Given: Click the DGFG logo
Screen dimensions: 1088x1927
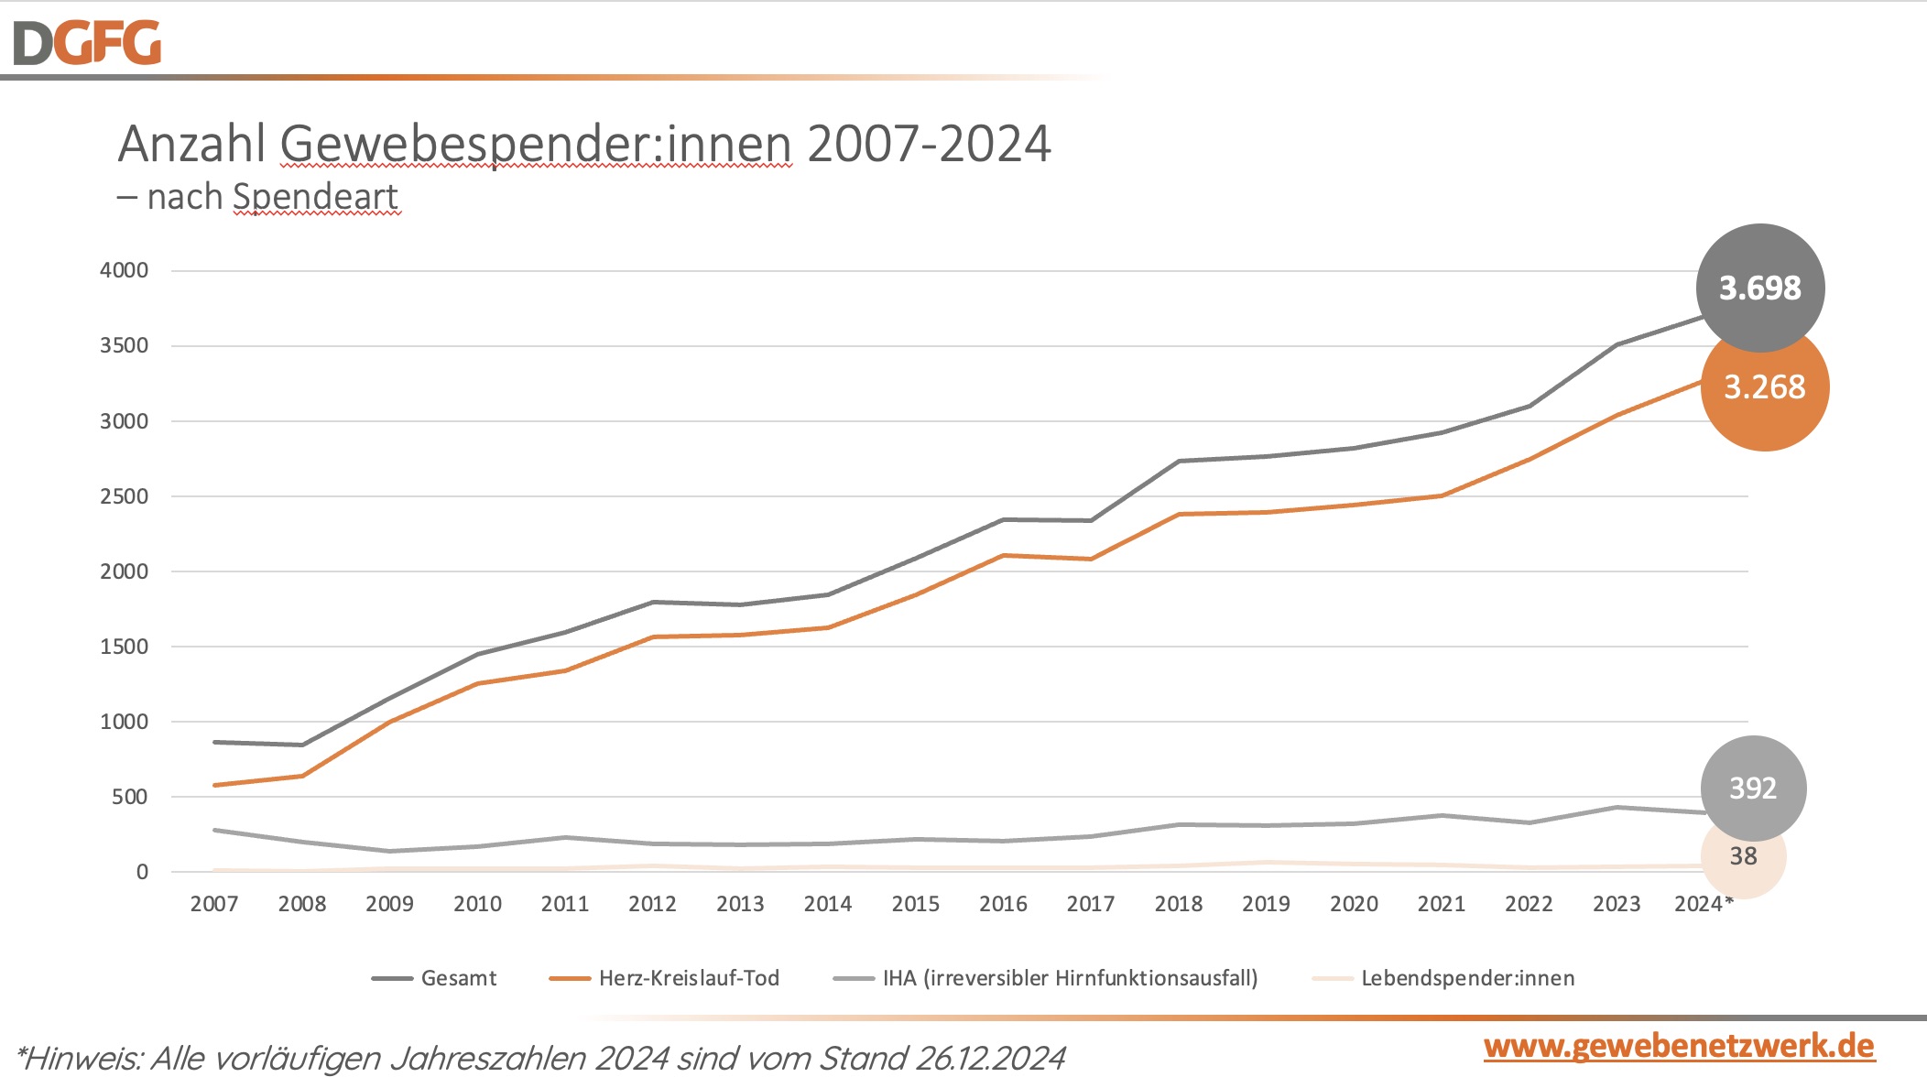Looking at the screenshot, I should [87, 43].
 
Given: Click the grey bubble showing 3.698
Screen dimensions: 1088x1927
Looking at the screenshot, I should [1759, 288].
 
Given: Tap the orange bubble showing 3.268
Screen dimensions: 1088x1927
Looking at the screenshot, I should [1765, 388].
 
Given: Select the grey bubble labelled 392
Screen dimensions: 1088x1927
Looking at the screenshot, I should [1753, 789].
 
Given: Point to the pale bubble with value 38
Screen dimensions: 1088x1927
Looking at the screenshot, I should [1744, 857].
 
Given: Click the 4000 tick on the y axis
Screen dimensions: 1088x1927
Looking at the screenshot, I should [124, 270].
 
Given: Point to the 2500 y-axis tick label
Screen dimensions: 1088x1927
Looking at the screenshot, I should [124, 496].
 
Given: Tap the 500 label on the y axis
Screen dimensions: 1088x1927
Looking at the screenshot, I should [129, 797].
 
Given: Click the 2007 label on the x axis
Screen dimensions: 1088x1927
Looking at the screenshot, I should [214, 904].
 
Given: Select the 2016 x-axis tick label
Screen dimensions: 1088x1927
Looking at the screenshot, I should [1003, 904].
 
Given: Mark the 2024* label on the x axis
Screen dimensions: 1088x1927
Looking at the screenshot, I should [1704, 904].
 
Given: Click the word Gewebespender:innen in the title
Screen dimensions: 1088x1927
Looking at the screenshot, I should [536, 145].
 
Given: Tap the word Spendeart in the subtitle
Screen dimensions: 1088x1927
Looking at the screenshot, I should [315, 197].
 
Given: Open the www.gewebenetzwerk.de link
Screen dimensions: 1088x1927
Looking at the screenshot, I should [1679, 1046].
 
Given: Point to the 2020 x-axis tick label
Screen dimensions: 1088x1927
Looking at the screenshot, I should [1354, 904].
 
